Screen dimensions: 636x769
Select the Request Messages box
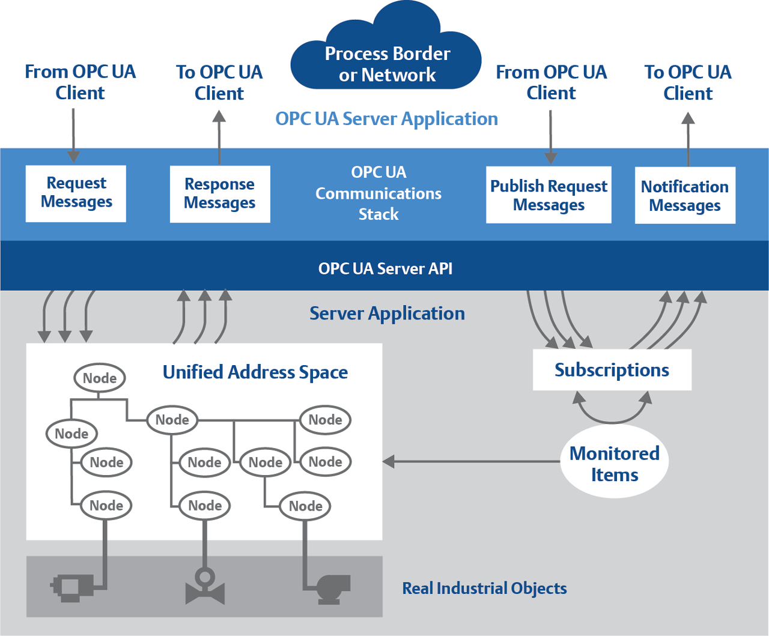tap(76, 193)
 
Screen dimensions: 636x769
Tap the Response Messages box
tap(220, 194)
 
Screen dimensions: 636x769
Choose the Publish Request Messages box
tap(549, 195)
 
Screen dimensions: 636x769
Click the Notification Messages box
tap(685, 196)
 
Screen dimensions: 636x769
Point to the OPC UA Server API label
tap(385, 268)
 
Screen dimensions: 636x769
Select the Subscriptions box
tap(612, 370)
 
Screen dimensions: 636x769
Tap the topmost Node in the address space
tap(100, 378)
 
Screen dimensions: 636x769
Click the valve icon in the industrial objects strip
tap(205, 587)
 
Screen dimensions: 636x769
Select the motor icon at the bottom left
tap(72, 587)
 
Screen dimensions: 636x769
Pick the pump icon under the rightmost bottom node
tap(332, 588)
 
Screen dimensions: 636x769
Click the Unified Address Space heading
tap(255, 372)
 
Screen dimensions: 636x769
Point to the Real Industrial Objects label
tap(484, 589)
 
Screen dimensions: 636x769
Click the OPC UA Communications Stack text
tap(378, 193)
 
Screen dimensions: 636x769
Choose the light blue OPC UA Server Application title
tap(386, 119)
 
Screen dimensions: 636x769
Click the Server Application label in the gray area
tap(387, 313)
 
